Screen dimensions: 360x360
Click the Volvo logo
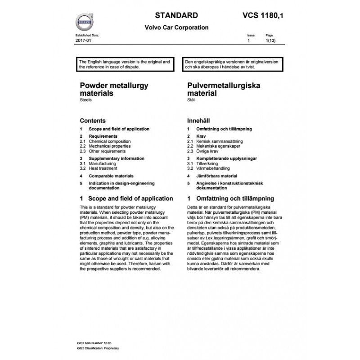pos(84,21)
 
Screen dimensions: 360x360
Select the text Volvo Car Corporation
pos(176,27)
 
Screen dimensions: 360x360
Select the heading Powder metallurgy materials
pos(113,89)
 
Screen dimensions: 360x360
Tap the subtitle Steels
pos(85,100)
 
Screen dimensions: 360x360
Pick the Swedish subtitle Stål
pos(191,100)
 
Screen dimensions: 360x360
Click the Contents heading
pos(92,121)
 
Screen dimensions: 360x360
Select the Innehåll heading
pos(199,121)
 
